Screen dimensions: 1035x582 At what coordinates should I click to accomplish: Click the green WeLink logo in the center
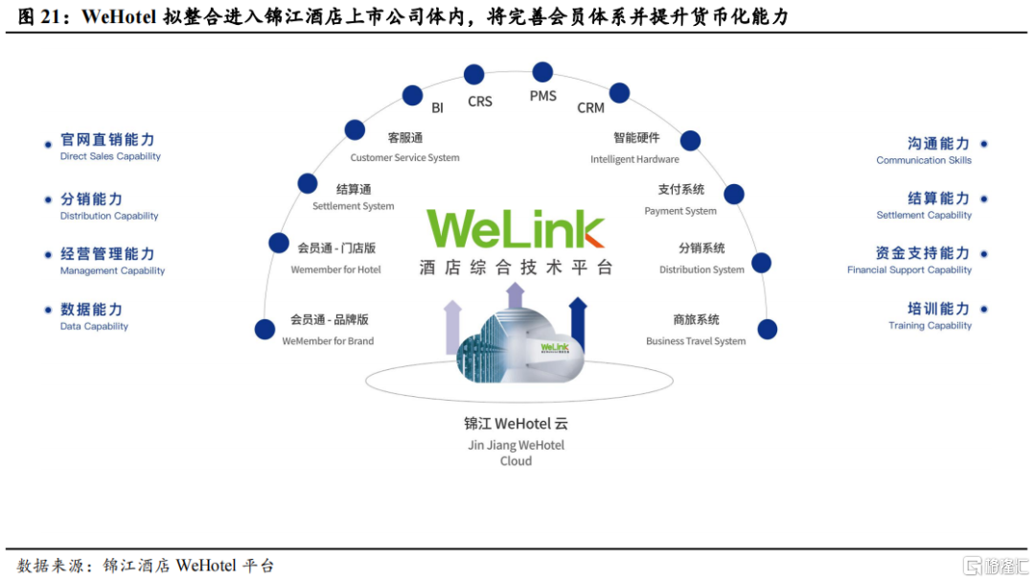(x=515, y=228)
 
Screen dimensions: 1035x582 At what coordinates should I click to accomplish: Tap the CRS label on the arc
(x=480, y=102)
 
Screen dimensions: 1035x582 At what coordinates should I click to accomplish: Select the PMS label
(x=542, y=97)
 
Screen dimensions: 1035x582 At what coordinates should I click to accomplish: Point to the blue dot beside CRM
(x=619, y=93)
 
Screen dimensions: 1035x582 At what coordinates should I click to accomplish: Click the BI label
(x=437, y=107)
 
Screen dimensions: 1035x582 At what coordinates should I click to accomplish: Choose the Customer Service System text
(x=404, y=158)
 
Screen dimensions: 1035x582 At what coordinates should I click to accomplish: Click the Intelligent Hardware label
(x=634, y=159)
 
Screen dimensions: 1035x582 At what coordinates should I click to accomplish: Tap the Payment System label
(x=679, y=211)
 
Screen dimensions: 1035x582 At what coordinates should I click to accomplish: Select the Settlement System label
(x=353, y=206)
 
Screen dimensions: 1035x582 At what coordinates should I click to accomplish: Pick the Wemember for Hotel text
(x=336, y=269)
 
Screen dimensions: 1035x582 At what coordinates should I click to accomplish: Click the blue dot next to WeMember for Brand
(x=264, y=329)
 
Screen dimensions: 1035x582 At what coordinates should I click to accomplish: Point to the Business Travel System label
(x=696, y=341)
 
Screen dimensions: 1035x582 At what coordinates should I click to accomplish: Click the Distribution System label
(x=701, y=269)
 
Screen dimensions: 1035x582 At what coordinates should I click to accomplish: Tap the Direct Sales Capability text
(x=110, y=156)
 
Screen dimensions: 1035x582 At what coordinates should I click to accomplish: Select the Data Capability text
(x=94, y=326)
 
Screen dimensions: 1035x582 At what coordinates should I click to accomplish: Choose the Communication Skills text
(x=924, y=160)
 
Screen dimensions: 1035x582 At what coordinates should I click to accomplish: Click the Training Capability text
(x=930, y=326)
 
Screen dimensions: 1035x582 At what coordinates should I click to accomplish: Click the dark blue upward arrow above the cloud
(x=578, y=324)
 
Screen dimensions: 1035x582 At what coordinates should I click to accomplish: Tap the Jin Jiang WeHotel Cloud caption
(x=516, y=453)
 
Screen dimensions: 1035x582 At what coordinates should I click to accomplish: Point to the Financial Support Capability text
(x=908, y=270)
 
